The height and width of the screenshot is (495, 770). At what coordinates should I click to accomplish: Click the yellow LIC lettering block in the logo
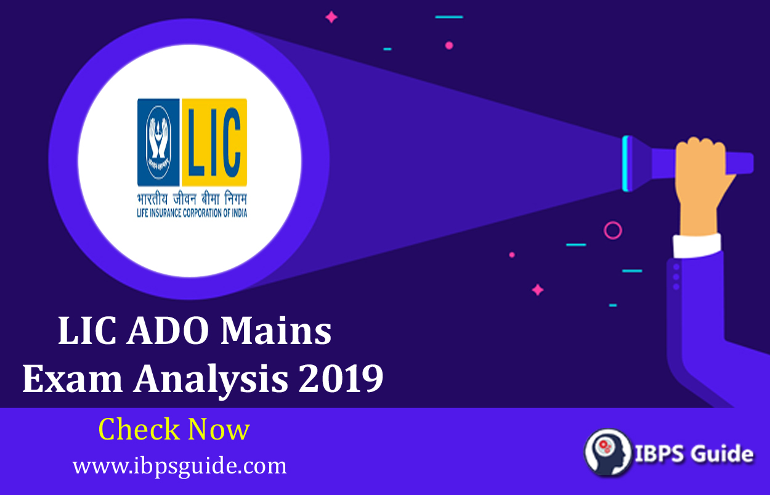(214, 142)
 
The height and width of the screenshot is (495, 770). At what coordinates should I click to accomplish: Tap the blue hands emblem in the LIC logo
(158, 142)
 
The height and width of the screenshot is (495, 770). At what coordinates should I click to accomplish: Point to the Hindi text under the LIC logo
(192, 198)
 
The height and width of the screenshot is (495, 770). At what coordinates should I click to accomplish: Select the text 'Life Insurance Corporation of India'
(192, 213)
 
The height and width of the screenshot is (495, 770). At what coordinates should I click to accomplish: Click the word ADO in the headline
(168, 330)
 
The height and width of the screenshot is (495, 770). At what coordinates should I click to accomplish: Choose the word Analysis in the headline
(211, 381)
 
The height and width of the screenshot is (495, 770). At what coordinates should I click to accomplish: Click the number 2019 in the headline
(341, 378)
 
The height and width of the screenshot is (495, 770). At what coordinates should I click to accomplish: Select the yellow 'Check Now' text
(174, 429)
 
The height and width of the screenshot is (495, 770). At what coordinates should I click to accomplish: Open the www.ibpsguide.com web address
(179, 467)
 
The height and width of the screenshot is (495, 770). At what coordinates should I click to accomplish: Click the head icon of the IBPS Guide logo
(608, 452)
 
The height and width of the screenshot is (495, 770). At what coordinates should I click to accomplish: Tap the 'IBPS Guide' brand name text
(694, 453)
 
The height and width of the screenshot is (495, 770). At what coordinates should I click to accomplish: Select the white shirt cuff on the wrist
(697, 245)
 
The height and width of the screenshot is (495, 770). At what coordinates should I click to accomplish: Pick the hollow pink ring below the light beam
(613, 230)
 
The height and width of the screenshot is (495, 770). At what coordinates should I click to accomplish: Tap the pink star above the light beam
(331, 17)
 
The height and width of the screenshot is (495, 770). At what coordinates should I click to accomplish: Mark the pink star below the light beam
(538, 290)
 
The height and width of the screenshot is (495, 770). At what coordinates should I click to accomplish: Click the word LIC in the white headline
(87, 330)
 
